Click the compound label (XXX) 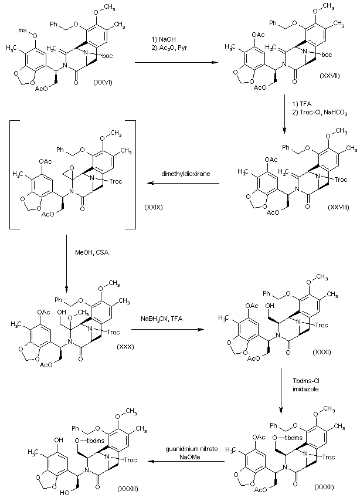[x=125, y=346]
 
